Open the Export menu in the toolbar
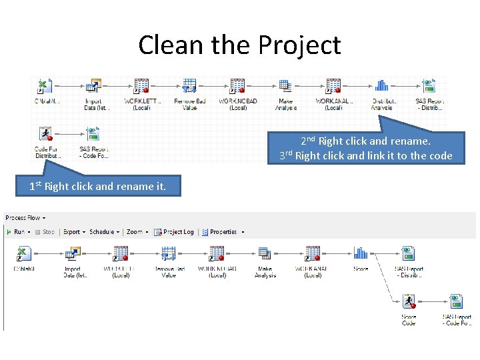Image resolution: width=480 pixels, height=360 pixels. (73, 232)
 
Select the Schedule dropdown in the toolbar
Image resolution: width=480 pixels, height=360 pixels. (104, 232)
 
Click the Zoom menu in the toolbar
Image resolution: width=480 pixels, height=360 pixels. (136, 232)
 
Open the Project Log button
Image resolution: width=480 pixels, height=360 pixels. (174, 232)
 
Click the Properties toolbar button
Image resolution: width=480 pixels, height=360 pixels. (223, 232)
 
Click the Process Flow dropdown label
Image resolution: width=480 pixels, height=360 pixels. (25, 217)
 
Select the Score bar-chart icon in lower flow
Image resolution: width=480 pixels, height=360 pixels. (361, 253)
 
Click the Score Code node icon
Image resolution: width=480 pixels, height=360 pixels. (409, 301)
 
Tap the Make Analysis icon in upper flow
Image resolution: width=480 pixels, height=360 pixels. (285, 86)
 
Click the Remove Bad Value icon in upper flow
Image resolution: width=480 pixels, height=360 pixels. (189, 86)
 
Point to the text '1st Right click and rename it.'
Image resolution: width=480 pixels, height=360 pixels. (97, 187)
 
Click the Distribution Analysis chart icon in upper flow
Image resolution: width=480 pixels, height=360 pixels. (381, 85)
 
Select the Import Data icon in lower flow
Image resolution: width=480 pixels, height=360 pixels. (72, 253)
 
